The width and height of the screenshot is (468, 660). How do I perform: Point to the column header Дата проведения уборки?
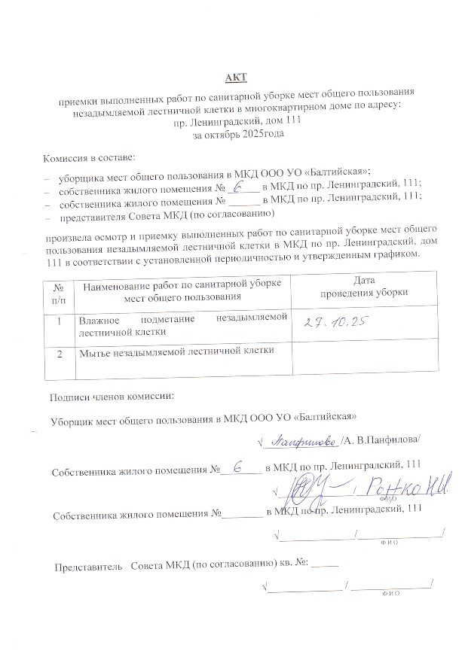(x=365, y=287)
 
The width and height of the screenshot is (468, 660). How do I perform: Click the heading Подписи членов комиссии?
(x=111, y=397)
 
